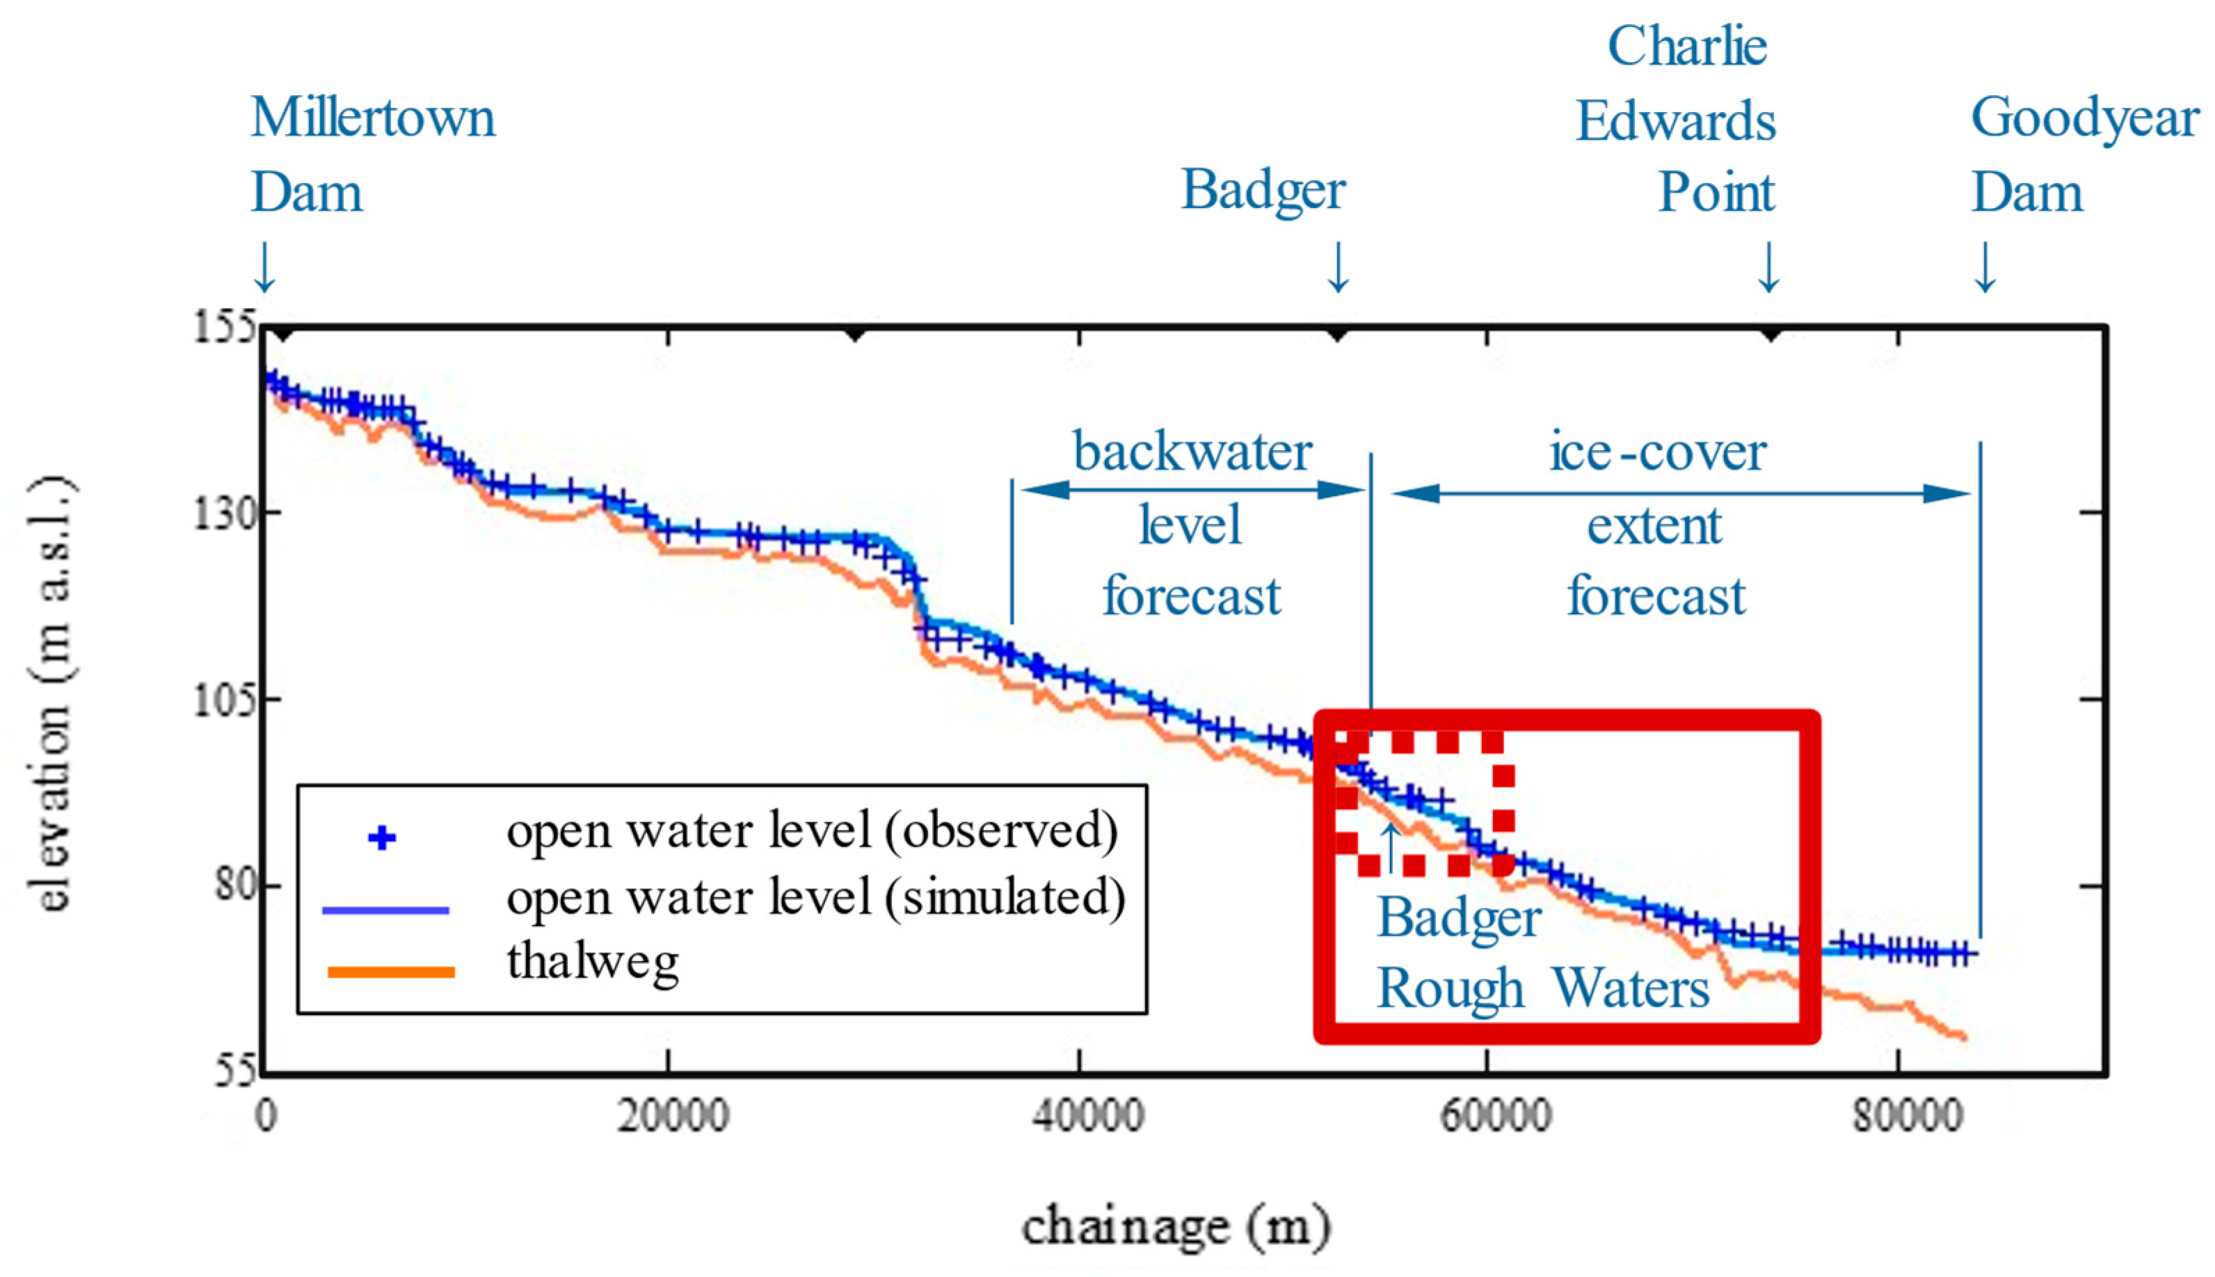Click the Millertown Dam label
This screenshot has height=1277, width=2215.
click(x=372, y=154)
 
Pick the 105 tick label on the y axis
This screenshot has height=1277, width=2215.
click(x=223, y=699)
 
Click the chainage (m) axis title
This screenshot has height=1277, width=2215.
click(x=1176, y=1226)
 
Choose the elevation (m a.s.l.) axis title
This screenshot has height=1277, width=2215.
click(x=54, y=695)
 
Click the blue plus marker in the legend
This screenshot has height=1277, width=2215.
click(x=382, y=837)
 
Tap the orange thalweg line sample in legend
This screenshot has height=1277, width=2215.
click(x=391, y=971)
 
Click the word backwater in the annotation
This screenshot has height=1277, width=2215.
click(x=1192, y=451)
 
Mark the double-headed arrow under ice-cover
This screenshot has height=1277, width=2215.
click(x=1680, y=493)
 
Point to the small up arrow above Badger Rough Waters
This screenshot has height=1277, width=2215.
click(x=1389, y=847)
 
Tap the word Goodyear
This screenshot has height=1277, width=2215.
click(x=2084, y=118)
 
